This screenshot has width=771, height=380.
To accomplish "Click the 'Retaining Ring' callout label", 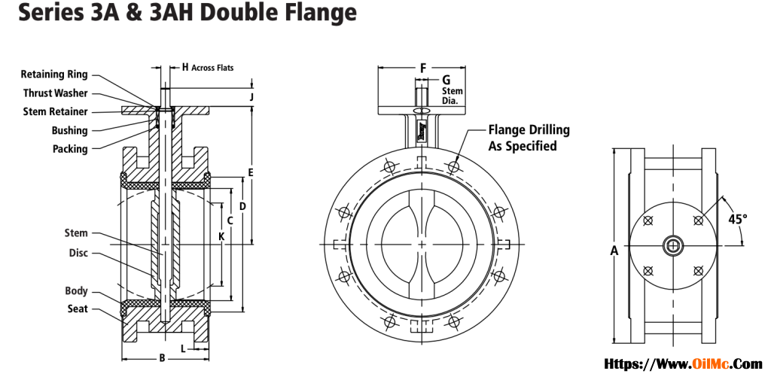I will (x=54, y=74).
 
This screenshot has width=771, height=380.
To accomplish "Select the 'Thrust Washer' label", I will (x=55, y=93).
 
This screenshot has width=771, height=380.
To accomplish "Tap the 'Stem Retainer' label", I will (x=55, y=112).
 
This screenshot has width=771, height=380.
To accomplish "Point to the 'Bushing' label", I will (x=69, y=131).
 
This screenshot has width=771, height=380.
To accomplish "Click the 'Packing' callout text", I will (x=70, y=149).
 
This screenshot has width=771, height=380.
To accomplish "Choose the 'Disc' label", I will (x=78, y=253).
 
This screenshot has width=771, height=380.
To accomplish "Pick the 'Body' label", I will (x=76, y=290).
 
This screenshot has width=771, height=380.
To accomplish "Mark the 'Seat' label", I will (x=78, y=309).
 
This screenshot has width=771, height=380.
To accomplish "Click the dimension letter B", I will (x=162, y=358).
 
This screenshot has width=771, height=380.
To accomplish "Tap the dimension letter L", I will (x=183, y=348).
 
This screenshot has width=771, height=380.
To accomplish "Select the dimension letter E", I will (x=251, y=172).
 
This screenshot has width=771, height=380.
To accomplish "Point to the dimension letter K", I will (x=221, y=236).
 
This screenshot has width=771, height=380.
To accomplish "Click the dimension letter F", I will (x=423, y=68).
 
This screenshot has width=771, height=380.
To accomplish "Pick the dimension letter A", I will (x=614, y=251).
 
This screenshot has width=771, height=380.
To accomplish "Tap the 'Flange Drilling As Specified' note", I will (x=529, y=138).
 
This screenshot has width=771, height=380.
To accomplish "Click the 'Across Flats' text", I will (x=212, y=68).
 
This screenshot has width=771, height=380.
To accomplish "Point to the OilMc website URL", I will (x=684, y=364).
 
